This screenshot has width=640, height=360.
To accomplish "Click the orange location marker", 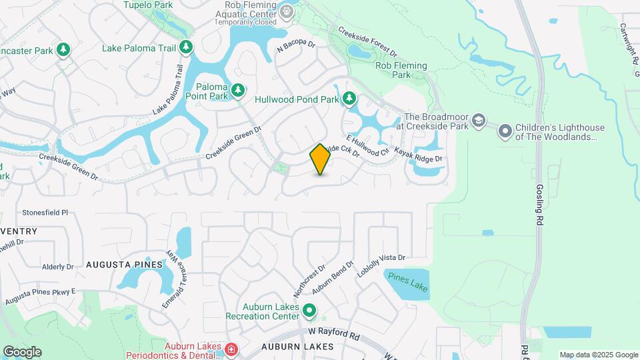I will click(x=321, y=159).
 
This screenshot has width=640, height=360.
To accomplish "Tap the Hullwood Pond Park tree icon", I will click(x=349, y=99).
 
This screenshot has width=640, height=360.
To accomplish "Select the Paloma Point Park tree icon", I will click(x=237, y=88).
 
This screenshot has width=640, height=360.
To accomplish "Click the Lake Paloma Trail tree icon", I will click(x=187, y=47).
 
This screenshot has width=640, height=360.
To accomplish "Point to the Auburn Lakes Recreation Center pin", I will click(x=309, y=310).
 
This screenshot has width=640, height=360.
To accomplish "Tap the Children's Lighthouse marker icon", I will click(x=505, y=132).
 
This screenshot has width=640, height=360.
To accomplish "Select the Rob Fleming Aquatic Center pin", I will click(x=287, y=11).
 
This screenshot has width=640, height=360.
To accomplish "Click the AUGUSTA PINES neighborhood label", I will click(x=124, y=265).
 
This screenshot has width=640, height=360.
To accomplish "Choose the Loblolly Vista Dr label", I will click(x=381, y=264).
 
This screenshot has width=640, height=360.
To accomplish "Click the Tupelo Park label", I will click(x=148, y=5).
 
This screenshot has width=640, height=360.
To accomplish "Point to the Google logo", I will click(x=22, y=351).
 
